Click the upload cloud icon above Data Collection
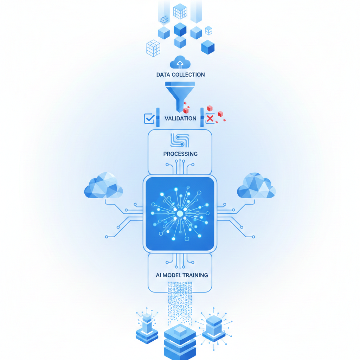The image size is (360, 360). pos(180,62)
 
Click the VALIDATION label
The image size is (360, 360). pos(180,118)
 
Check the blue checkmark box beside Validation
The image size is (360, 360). pos(149,118)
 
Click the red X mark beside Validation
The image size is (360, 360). pos(210,118)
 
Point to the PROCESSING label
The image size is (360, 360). pos(180,154)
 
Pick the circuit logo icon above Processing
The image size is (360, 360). pos(180,140)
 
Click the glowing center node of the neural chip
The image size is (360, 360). pos(180,214)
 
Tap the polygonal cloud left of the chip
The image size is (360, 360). pos(104,186)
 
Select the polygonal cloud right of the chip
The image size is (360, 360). pos(256,186)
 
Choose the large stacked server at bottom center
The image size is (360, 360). pos(180,341)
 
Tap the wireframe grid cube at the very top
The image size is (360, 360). pos(180,11)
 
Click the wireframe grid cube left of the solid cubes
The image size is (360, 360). pos(153,48)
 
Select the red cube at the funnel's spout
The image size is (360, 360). pos(186,110)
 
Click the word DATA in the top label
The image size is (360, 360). pos(163,75)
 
